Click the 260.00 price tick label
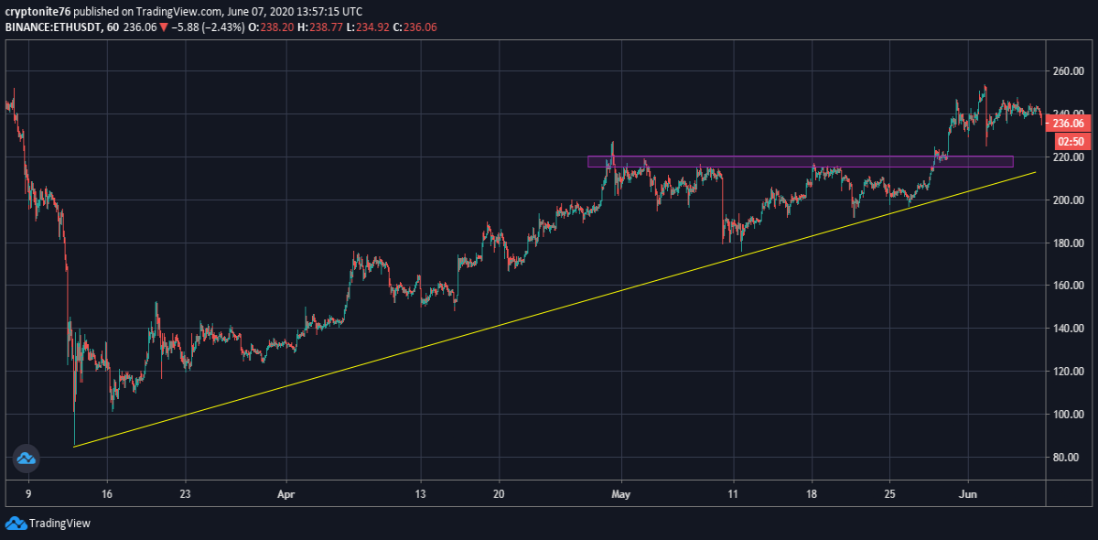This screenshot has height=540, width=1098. [x=1069, y=71]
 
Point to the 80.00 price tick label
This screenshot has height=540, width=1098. [x=1071, y=458]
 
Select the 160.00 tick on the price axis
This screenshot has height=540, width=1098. [x=1069, y=286]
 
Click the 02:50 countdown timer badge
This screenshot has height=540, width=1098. [x=1071, y=142]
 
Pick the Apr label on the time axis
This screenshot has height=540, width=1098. [x=285, y=494]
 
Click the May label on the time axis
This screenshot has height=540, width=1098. [x=620, y=494]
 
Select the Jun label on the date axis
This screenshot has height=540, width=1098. [x=968, y=494]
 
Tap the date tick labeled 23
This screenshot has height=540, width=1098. [x=185, y=494]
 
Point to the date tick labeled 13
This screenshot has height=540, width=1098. [x=420, y=494]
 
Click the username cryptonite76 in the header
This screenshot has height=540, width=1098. [x=38, y=11]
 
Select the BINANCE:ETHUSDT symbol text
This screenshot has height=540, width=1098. [x=53, y=27]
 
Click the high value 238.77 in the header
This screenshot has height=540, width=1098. [x=326, y=27]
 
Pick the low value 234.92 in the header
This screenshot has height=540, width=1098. [x=372, y=27]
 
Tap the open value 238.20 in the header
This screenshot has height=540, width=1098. [x=277, y=27]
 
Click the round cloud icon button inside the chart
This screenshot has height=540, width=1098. [x=26, y=459]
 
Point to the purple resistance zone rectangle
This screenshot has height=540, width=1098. [x=801, y=161]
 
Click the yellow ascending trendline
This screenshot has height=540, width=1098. [x=554, y=309]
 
